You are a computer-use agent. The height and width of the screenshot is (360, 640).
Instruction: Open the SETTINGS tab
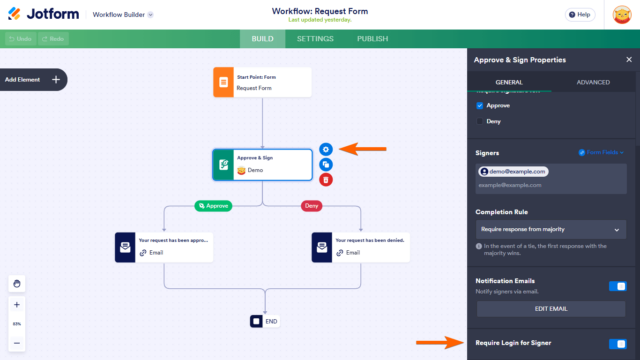click(x=316, y=39)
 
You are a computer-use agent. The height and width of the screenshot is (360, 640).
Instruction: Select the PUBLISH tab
click(x=372, y=39)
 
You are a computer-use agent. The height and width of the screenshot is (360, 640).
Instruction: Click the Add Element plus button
click(x=56, y=79)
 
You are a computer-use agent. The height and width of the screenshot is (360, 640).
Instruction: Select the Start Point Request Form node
click(x=262, y=82)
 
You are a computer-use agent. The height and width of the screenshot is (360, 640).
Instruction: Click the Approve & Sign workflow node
click(x=262, y=164)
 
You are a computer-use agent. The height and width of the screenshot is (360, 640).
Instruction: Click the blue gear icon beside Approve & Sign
click(x=326, y=149)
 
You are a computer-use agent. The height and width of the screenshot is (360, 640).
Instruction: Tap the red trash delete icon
click(x=326, y=180)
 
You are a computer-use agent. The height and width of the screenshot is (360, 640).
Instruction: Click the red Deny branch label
click(x=313, y=206)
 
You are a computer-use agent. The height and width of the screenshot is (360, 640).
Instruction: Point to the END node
click(x=265, y=321)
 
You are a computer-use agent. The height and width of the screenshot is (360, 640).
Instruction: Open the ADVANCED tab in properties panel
click(x=592, y=83)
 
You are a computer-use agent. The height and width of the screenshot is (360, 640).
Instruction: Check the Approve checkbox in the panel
click(x=480, y=105)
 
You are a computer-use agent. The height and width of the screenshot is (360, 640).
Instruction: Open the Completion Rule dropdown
click(x=550, y=230)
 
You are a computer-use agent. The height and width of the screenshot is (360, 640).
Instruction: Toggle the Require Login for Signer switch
click(x=617, y=343)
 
